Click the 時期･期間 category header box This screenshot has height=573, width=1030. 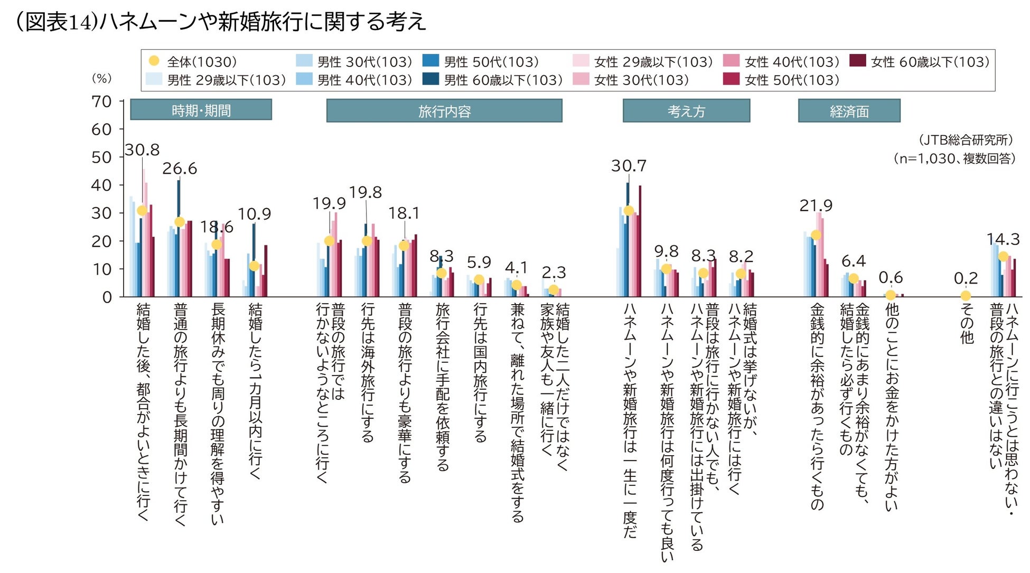point(201,110)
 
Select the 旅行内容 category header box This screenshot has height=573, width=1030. point(444,111)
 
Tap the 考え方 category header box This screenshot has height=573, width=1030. point(686,111)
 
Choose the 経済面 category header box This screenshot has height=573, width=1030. point(849,111)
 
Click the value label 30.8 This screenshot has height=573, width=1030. point(142,150)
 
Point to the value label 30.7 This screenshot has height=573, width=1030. point(629,166)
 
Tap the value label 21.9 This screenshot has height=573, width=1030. point(816,205)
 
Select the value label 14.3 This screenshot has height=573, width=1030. point(1003,239)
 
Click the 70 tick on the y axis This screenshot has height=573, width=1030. point(101,101)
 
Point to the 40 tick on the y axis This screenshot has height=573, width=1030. point(101,185)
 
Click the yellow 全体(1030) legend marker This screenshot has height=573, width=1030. point(154,61)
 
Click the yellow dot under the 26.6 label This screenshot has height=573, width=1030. point(180,222)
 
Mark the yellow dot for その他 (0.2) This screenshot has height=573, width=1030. point(966,296)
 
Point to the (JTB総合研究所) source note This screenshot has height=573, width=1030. point(966,140)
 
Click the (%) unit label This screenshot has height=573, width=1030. point(101,78)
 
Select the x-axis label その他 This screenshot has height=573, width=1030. point(966,323)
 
